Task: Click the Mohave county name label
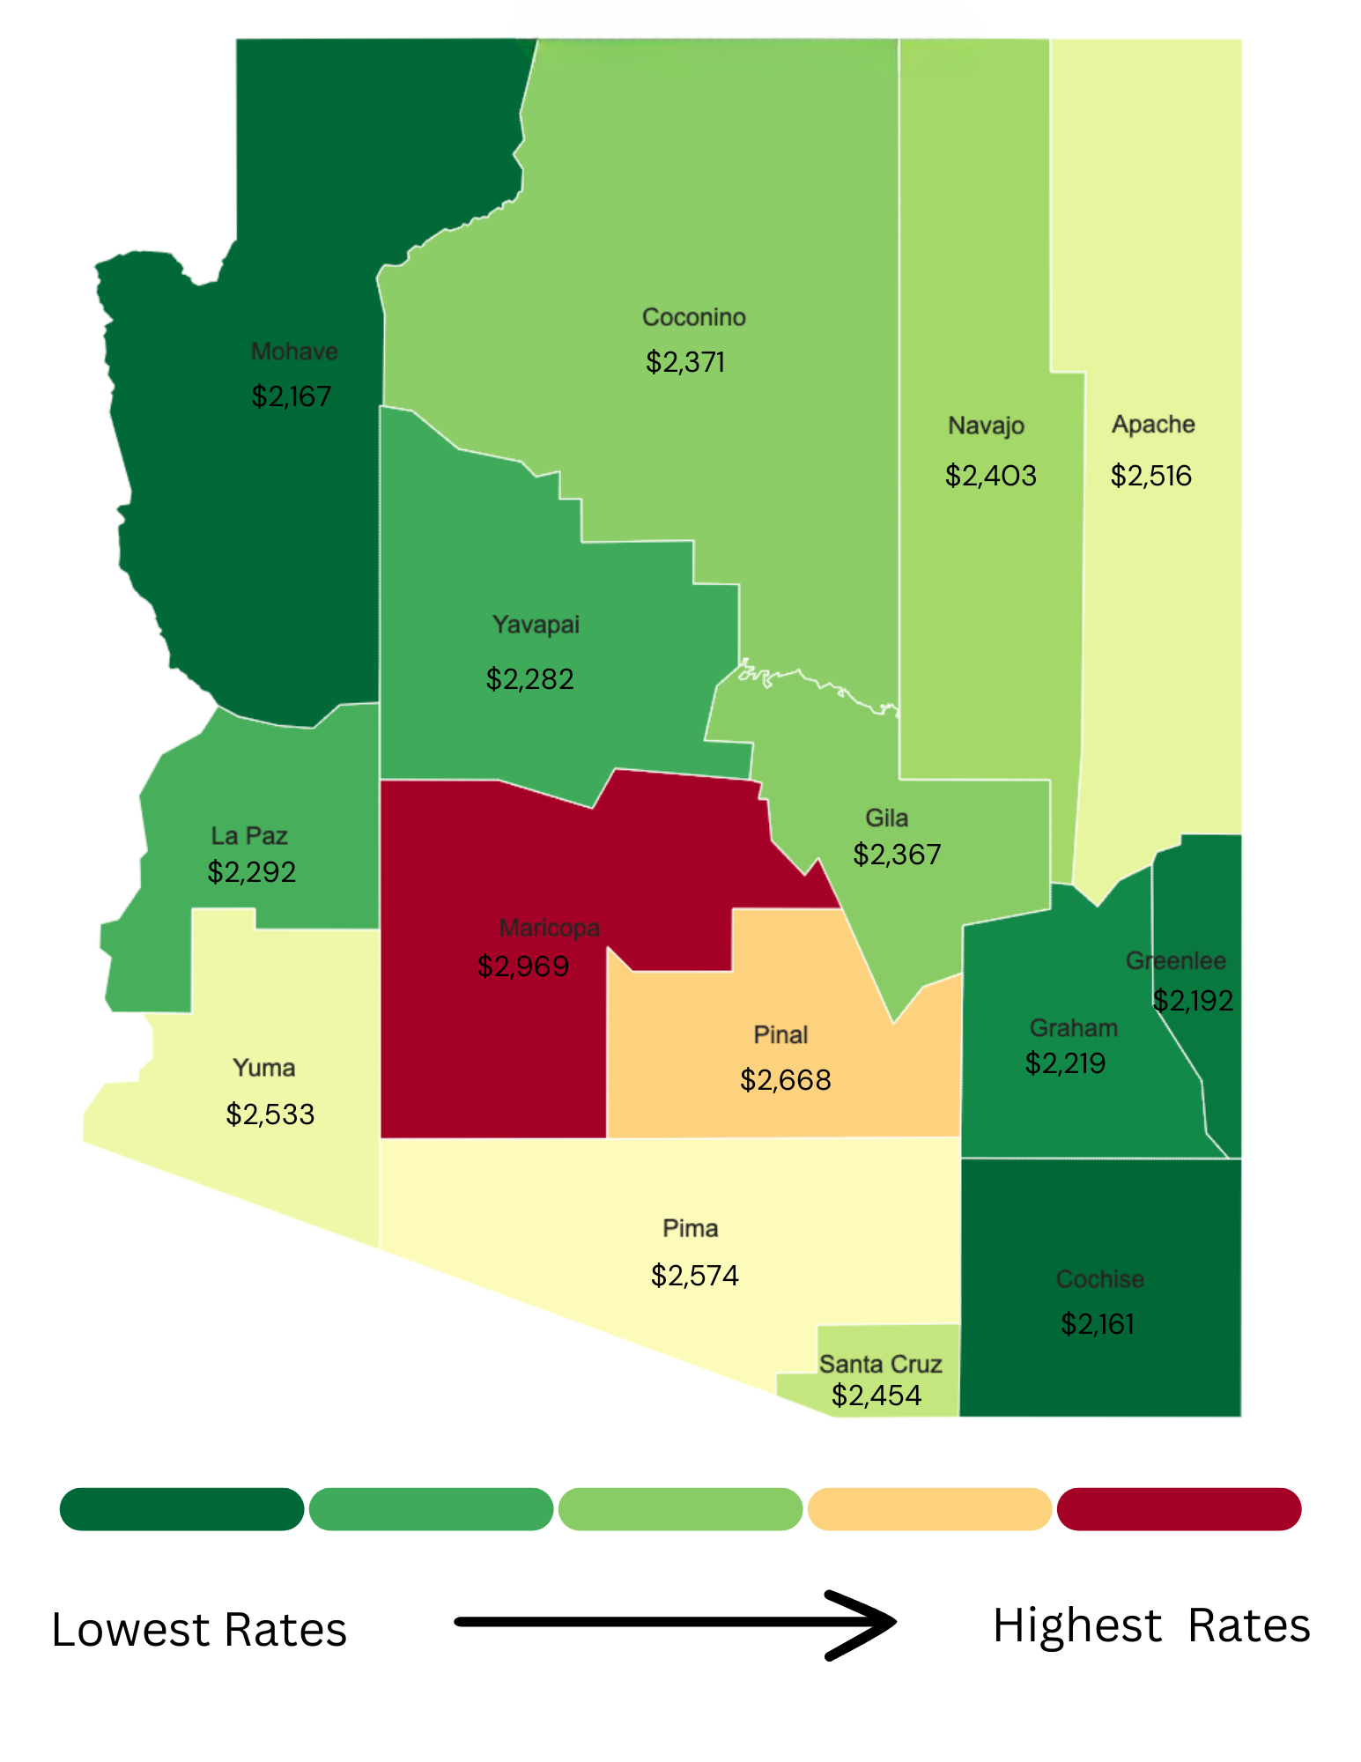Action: click(294, 352)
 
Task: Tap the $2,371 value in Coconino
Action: click(685, 362)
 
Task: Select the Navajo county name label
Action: click(986, 426)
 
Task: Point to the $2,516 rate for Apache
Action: click(1150, 476)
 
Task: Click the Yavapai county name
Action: click(536, 625)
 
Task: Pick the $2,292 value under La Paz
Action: click(251, 872)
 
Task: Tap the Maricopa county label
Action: click(549, 928)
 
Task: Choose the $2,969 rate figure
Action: click(523, 966)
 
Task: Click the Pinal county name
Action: click(780, 1034)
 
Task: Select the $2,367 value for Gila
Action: click(897, 855)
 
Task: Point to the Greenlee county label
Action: click(1175, 960)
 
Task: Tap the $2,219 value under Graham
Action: click(1065, 1063)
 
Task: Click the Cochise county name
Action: click(1100, 1279)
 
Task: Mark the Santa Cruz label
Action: click(880, 1364)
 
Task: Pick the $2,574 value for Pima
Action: click(694, 1276)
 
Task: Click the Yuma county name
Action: click(263, 1068)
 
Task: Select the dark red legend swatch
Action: click(1179, 1509)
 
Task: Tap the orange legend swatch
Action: click(929, 1509)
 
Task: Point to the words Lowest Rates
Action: click(199, 1630)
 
